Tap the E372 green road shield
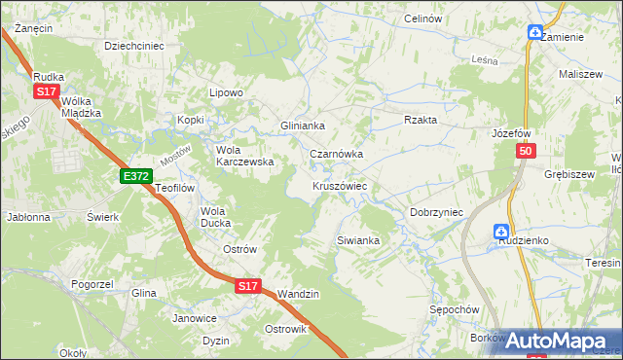click(136, 176)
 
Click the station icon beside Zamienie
click(535, 32)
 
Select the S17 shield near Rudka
click(45, 90)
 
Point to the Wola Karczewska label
click(244, 156)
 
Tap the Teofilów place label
click(176, 188)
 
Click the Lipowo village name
click(226, 92)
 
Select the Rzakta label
click(421, 120)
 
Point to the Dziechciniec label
click(133, 45)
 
